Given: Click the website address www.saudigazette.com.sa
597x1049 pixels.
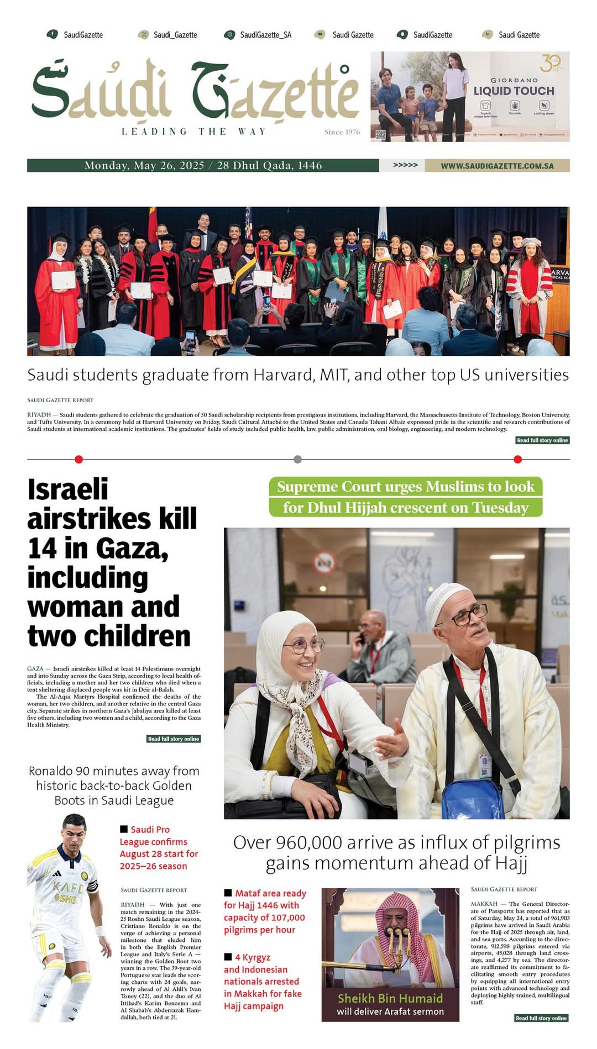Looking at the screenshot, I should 497,166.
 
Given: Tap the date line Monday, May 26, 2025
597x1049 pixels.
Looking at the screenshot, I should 144,166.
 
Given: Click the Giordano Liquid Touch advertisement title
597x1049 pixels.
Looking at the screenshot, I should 514,91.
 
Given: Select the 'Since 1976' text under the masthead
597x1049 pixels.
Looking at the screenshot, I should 342,132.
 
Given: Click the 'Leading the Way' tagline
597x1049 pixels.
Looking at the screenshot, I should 194,131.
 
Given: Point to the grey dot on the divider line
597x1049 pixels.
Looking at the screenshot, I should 298,459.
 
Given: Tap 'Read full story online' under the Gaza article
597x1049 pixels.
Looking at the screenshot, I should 173,739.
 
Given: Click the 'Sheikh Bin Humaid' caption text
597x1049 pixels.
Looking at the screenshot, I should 390,998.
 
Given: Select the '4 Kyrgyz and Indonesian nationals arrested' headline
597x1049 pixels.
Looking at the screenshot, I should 261,981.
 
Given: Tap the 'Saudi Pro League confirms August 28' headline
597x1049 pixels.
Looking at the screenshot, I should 159,847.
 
